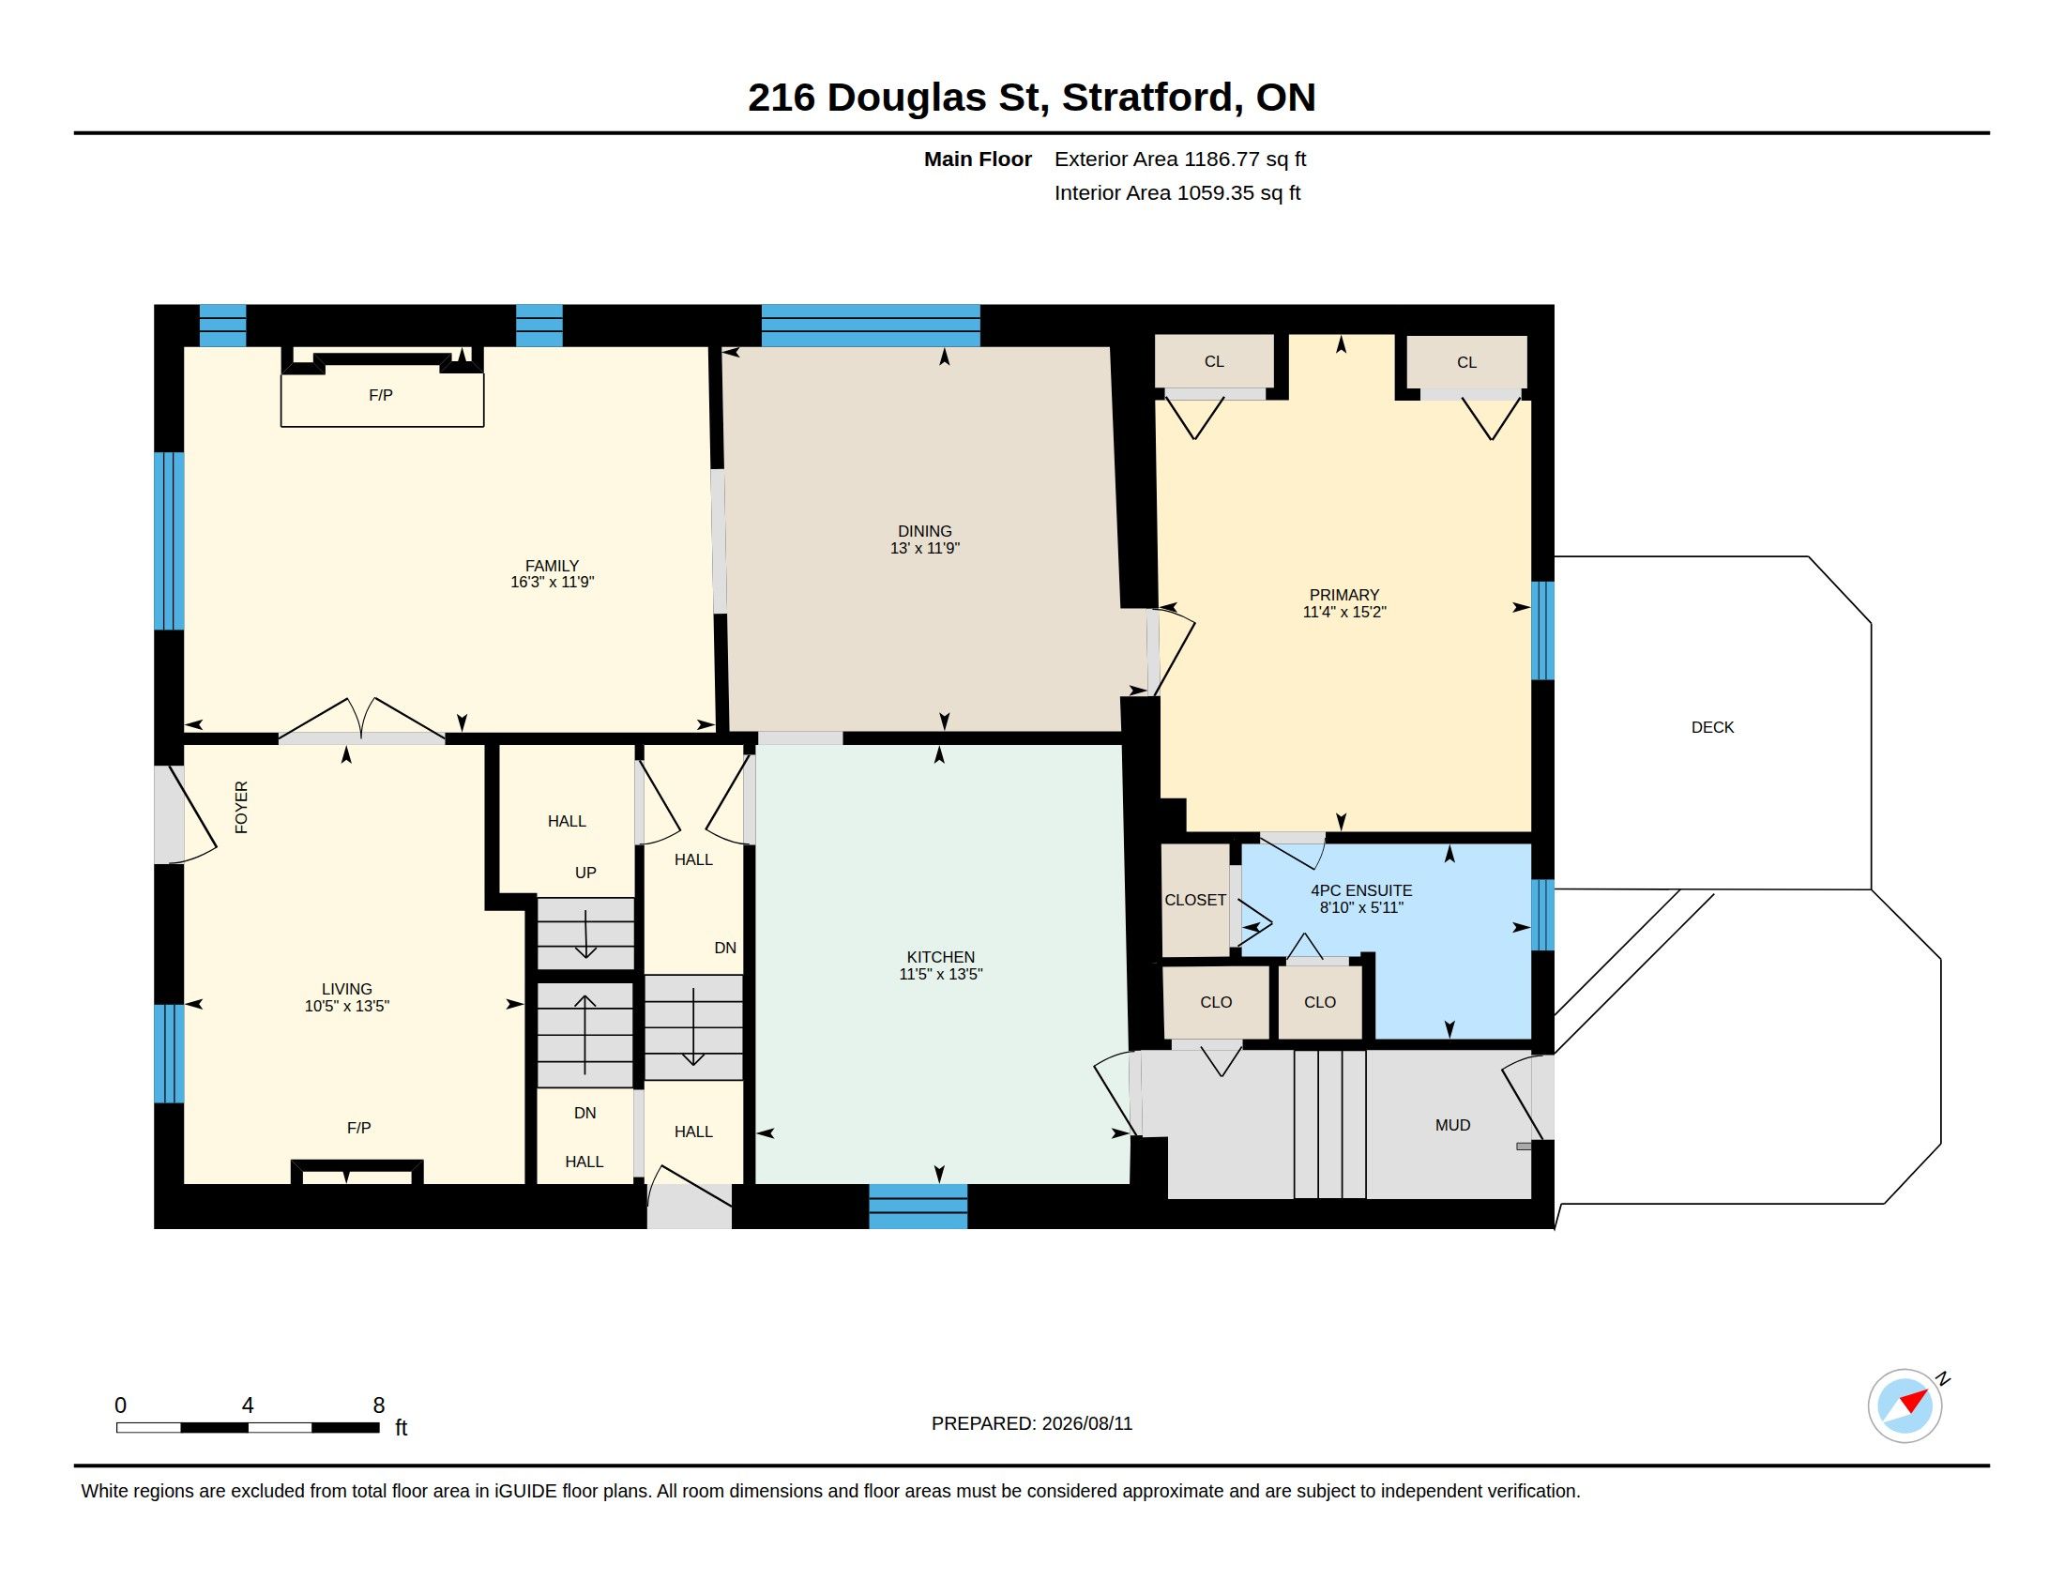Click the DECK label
pos(1712,727)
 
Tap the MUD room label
pos(1452,1125)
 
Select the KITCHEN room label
pos(940,957)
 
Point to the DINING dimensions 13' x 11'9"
pos(925,548)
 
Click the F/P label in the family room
pos(381,395)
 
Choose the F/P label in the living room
pos(359,1127)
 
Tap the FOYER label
pos(241,807)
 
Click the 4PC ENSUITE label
pos(1361,891)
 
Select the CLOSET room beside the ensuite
pos(1195,900)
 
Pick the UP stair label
pos(586,873)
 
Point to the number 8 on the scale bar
pos(379,1405)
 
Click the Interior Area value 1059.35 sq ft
pos(1238,192)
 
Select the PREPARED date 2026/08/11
pos(1086,1424)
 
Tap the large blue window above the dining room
pos(871,326)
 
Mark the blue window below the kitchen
pos(918,1207)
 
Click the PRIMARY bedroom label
pos(1343,595)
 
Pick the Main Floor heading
pos(979,159)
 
